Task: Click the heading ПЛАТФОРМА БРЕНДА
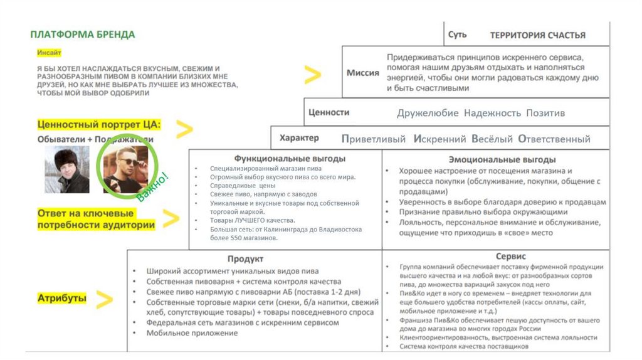coord(82,34)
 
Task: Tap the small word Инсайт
coord(48,52)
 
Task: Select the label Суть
coord(457,34)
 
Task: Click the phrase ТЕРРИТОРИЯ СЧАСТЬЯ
coord(537,35)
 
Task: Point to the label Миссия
coord(363,73)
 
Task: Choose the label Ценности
coord(329,112)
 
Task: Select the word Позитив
coord(545,113)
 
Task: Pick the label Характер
coord(299,138)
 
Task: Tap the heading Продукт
coord(245,258)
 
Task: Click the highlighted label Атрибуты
coord(61,299)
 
